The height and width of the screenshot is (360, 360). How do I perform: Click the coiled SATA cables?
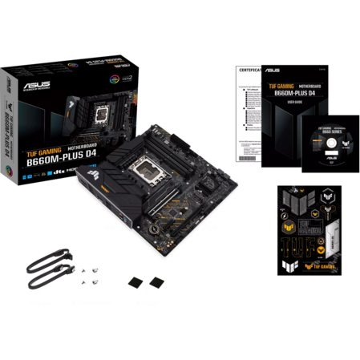coord(44,268)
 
